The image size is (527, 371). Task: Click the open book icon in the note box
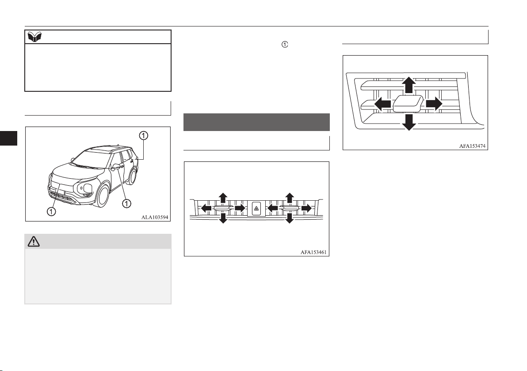tap(34, 37)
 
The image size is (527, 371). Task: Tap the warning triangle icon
tap(34, 241)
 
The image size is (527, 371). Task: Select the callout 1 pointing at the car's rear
tap(144, 135)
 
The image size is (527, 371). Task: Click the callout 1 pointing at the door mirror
tap(126, 203)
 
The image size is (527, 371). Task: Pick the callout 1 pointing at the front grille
tap(51, 212)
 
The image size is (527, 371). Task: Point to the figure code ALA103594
tap(155, 217)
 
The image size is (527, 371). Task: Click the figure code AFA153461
tap(313, 252)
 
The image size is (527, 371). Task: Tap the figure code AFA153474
tap(472, 146)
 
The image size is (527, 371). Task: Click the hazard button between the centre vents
tap(256, 208)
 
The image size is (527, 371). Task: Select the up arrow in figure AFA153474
tap(409, 85)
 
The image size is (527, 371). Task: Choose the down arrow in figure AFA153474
tap(409, 122)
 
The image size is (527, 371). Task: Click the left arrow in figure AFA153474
tap(383, 104)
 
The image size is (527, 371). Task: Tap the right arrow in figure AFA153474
tap(434, 104)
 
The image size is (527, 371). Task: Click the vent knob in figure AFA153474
tap(408, 103)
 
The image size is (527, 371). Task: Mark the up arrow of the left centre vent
tap(223, 198)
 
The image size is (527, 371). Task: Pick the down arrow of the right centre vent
tap(290, 219)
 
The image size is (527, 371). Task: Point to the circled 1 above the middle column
tap(285, 44)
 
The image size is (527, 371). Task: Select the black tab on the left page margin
tap(8, 138)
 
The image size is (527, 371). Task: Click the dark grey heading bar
tap(256, 122)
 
